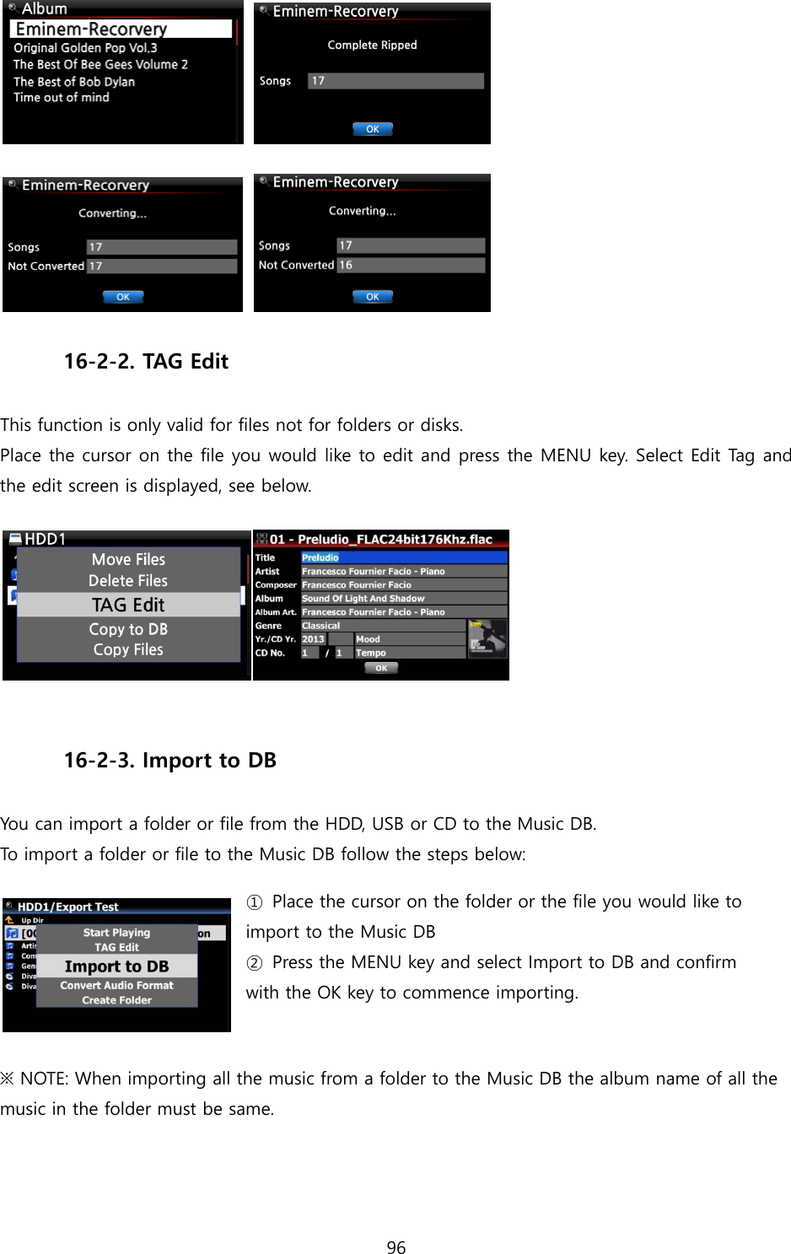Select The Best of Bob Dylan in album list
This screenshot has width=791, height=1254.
[74, 82]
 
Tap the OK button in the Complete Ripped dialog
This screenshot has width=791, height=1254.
[372, 129]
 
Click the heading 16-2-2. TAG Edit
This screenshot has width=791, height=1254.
[146, 362]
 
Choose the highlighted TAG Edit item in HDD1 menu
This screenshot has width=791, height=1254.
[128, 605]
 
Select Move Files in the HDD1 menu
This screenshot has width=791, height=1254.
[128, 559]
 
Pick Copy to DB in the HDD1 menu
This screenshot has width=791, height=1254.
[128, 629]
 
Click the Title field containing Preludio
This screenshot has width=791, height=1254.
[403, 557]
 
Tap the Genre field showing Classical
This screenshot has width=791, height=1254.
[382, 626]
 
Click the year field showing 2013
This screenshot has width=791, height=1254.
[314, 639]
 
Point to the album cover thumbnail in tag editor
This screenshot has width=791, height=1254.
[487, 638]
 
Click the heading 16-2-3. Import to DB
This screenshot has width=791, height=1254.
[170, 761]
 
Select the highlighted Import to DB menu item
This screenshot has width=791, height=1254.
[116, 966]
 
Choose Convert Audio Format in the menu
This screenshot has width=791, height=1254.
[116, 985]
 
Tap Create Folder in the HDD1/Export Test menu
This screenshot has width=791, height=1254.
[116, 1000]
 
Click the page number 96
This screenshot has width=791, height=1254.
[395, 1247]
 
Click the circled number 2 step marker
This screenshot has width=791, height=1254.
[255, 963]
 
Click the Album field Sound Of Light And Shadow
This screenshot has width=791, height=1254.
[403, 599]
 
